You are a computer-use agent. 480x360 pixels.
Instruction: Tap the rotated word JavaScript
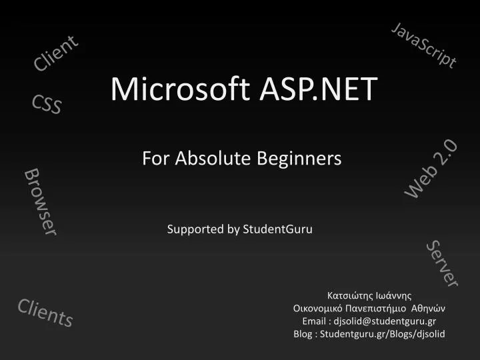pyautogui.click(x=425, y=45)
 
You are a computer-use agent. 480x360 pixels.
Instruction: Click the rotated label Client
pyautogui.click(x=56, y=53)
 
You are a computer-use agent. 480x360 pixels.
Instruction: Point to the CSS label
pyautogui.click(x=47, y=104)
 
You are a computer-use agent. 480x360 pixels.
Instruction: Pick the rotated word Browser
pyautogui.click(x=41, y=201)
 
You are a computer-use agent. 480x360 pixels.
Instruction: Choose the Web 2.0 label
pyautogui.click(x=431, y=169)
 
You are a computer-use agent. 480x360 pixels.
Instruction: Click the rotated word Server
pyautogui.click(x=442, y=263)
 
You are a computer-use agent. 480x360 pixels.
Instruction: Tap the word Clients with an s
pyautogui.click(x=45, y=312)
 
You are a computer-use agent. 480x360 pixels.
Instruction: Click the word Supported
pyautogui.click(x=195, y=229)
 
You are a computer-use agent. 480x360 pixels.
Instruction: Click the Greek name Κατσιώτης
pyautogui.click(x=349, y=295)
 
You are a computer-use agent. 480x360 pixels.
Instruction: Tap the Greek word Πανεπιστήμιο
pyautogui.click(x=384, y=308)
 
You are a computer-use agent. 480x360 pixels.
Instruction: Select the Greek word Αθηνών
pyautogui.click(x=429, y=308)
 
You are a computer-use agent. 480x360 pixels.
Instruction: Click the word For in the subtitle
pyautogui.click(x=153, y=158)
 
